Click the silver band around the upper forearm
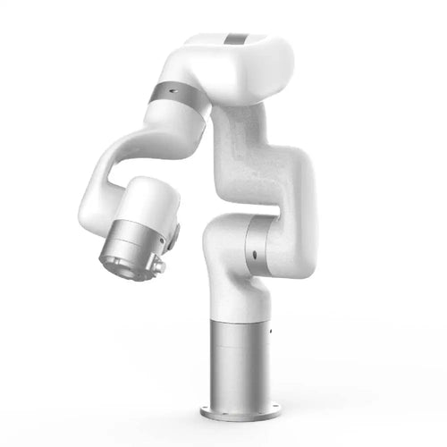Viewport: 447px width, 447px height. (x=171, y=96)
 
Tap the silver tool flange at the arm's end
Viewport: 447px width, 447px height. (x=132, y=250)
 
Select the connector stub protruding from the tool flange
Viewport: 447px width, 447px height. (x=159, y=266)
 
